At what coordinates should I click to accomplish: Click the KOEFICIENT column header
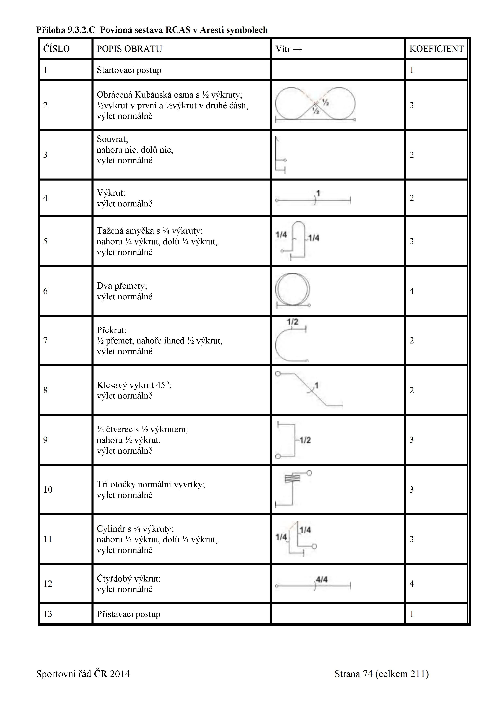436,49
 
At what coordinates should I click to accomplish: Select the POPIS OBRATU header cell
129,49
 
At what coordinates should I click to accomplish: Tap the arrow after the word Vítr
297,49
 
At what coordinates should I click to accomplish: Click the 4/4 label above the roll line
322,579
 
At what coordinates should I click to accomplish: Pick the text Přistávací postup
128,614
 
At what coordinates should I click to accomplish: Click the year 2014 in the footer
120,674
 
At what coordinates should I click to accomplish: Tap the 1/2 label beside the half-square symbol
305,440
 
